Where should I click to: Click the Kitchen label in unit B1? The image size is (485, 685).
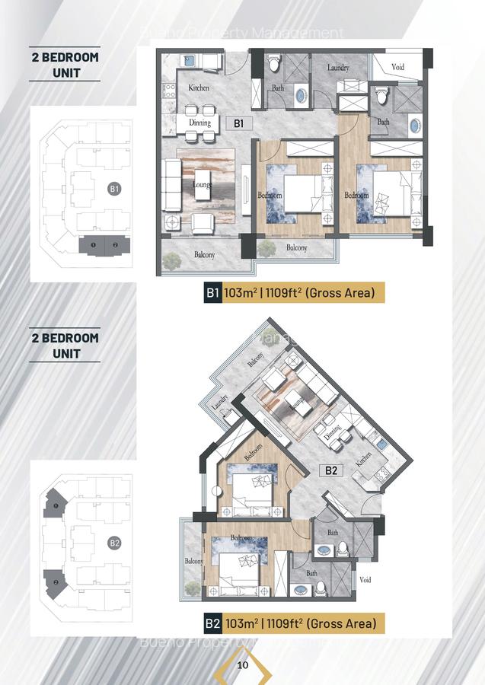199,88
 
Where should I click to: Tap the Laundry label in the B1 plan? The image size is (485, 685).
338,68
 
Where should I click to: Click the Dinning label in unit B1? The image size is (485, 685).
199,123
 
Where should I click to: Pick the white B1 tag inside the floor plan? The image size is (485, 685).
238,123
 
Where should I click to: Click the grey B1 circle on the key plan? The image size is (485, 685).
114,189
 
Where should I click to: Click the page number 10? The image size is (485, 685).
243,664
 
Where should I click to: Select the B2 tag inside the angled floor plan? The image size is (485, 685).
331,470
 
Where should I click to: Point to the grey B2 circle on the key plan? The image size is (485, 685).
114,543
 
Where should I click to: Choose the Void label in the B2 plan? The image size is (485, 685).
365,578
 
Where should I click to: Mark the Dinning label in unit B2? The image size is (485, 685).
333,433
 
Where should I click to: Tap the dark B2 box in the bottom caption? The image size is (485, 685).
212,624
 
